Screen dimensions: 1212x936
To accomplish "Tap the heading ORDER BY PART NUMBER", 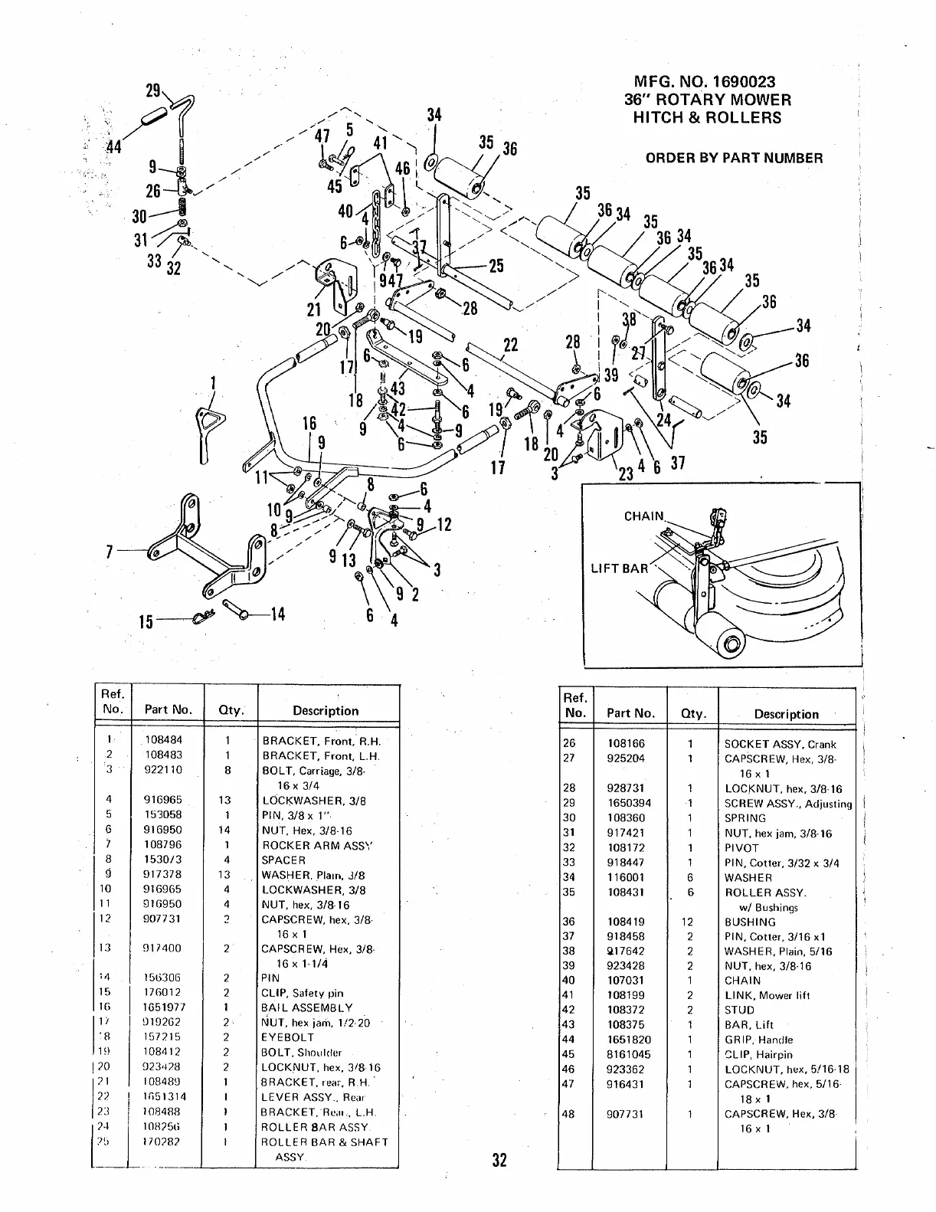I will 734,159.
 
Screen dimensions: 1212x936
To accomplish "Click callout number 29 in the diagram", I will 153,91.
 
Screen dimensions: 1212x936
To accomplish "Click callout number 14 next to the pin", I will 277,614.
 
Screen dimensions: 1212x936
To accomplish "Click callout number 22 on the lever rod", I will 510,345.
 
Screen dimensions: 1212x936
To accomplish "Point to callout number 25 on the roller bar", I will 496,266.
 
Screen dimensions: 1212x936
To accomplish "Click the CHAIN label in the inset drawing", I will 643,516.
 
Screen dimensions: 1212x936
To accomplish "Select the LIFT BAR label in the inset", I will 619,568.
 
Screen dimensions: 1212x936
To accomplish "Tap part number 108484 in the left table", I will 163,741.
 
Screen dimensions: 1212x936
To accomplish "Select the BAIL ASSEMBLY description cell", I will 308,1007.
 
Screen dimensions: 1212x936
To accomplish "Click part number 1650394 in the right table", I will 630,804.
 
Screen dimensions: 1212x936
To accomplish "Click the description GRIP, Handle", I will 759,1040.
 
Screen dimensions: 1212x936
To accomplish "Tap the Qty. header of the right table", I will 692,714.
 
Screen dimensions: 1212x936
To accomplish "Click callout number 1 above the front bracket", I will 212,382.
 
